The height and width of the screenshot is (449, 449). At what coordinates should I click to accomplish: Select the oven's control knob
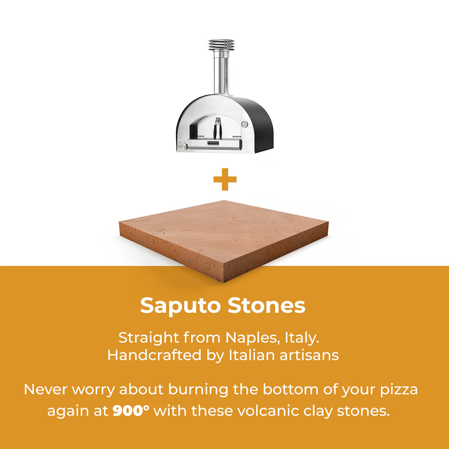click(182, 146)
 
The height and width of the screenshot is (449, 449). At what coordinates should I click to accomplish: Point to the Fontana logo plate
click(215, 143)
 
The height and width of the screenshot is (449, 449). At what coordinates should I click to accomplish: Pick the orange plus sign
click(225, 180)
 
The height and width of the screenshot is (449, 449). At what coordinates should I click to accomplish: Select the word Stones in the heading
click(266, 306)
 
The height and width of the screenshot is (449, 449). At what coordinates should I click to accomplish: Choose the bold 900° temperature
click(131, 411)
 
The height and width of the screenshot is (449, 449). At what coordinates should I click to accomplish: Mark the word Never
click(45, 390)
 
